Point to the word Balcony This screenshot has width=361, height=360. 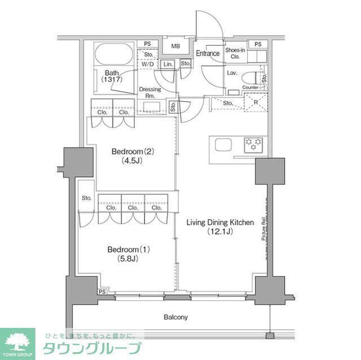(176, 317)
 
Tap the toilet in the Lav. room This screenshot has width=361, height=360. (259, 77)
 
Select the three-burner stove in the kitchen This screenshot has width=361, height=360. (254, 144)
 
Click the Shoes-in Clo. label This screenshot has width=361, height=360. (236, 53)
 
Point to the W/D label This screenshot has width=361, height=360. (147, 65)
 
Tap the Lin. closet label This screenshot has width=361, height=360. (168, 65)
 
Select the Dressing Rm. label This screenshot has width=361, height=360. (149, 92)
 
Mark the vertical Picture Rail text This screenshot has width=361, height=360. (263, 230)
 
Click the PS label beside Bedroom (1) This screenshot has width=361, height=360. (102, 291)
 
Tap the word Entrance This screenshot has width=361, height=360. (208, 54)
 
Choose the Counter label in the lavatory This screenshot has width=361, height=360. (250, 87)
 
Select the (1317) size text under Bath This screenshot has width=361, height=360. (111, 80)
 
